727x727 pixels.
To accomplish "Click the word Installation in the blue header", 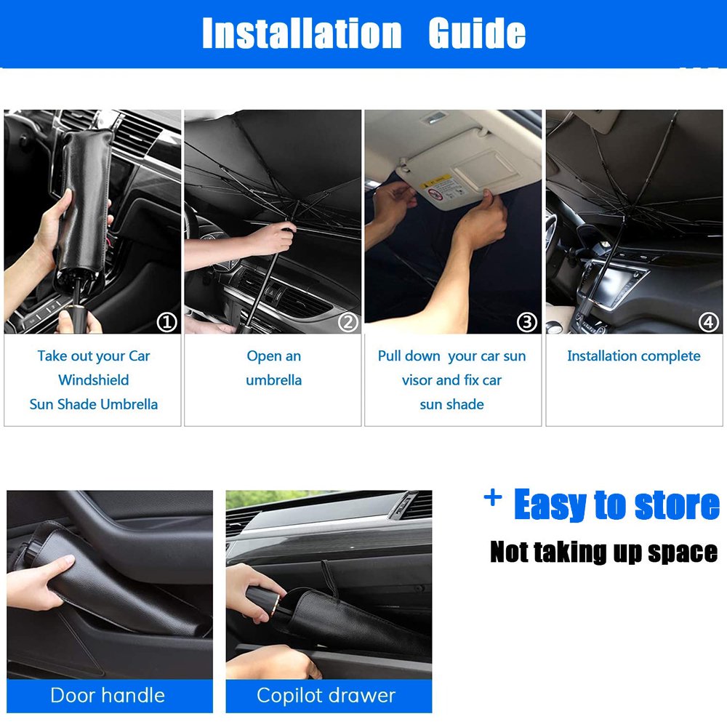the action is pyautogui.click(x=302, y=33).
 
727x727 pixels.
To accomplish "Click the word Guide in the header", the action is pyautogui.click(x=477, y=33).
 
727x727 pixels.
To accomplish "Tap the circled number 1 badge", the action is pyautogui.click(x=167, y=322).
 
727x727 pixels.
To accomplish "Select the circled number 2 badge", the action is pyautogui.click(x=348, y=322).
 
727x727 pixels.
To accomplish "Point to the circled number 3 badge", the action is pyautogui.click(x=527, y=322).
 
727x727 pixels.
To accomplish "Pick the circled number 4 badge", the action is pyautogui.click(x=708, y=322).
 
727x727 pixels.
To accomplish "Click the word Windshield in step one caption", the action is pyautogui.click(x=94, y=379).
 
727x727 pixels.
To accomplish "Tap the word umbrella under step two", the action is pyautogui.click(x=273, y=380).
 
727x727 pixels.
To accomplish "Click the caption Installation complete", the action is pyautogui.click(x=634, y=356).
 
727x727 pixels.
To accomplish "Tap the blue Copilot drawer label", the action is pyautogui.click(x=329, y=696).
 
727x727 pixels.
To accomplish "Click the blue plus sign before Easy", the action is pyautogui.click(x=493, y=497).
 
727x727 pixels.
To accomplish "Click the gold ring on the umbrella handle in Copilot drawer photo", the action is pyautogui.click(x=276, y=605).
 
